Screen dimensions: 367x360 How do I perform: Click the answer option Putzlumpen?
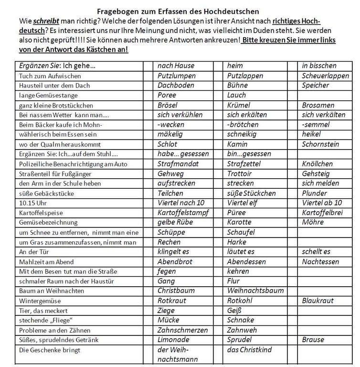[x=177, y=76]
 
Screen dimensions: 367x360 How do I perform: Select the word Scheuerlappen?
[x=325, y=76]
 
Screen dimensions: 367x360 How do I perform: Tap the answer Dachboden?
[x=176, y=85]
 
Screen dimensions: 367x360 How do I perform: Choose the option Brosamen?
[x=318, y=105]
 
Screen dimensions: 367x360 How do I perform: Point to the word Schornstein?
[x=320, y=144]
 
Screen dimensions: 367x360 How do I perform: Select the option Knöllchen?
[x=318, y=164]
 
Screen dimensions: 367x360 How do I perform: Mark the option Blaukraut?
[x=318, y=301]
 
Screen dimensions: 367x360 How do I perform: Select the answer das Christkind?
[x=250, y=350]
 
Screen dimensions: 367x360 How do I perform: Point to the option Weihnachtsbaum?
[x=255, y=291]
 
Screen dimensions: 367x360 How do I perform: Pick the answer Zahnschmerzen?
[x=183, y=330]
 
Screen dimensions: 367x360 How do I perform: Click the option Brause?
[x=313, y=340]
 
